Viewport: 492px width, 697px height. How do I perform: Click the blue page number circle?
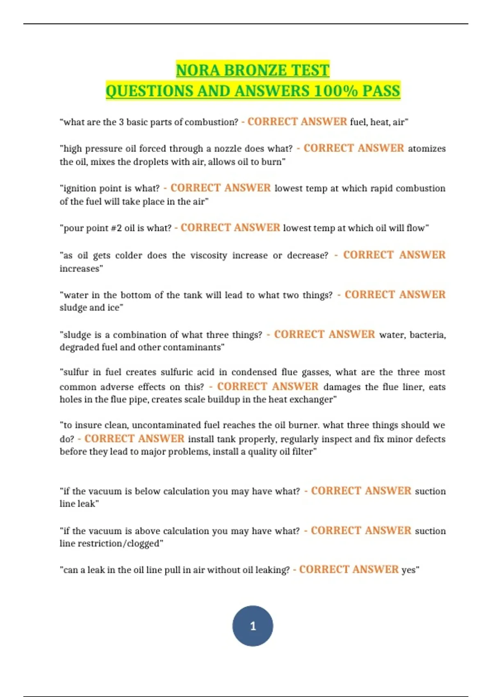point(253,626)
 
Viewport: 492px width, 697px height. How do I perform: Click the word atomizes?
point(426,148)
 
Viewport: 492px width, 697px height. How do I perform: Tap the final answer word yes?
point(408,570)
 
